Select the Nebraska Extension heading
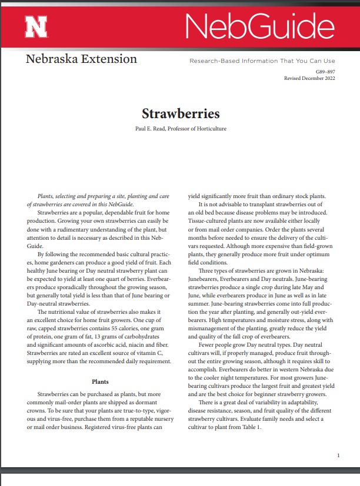click(81, 59)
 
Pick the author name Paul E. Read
click(150, 128)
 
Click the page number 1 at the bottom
click(339, 455)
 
